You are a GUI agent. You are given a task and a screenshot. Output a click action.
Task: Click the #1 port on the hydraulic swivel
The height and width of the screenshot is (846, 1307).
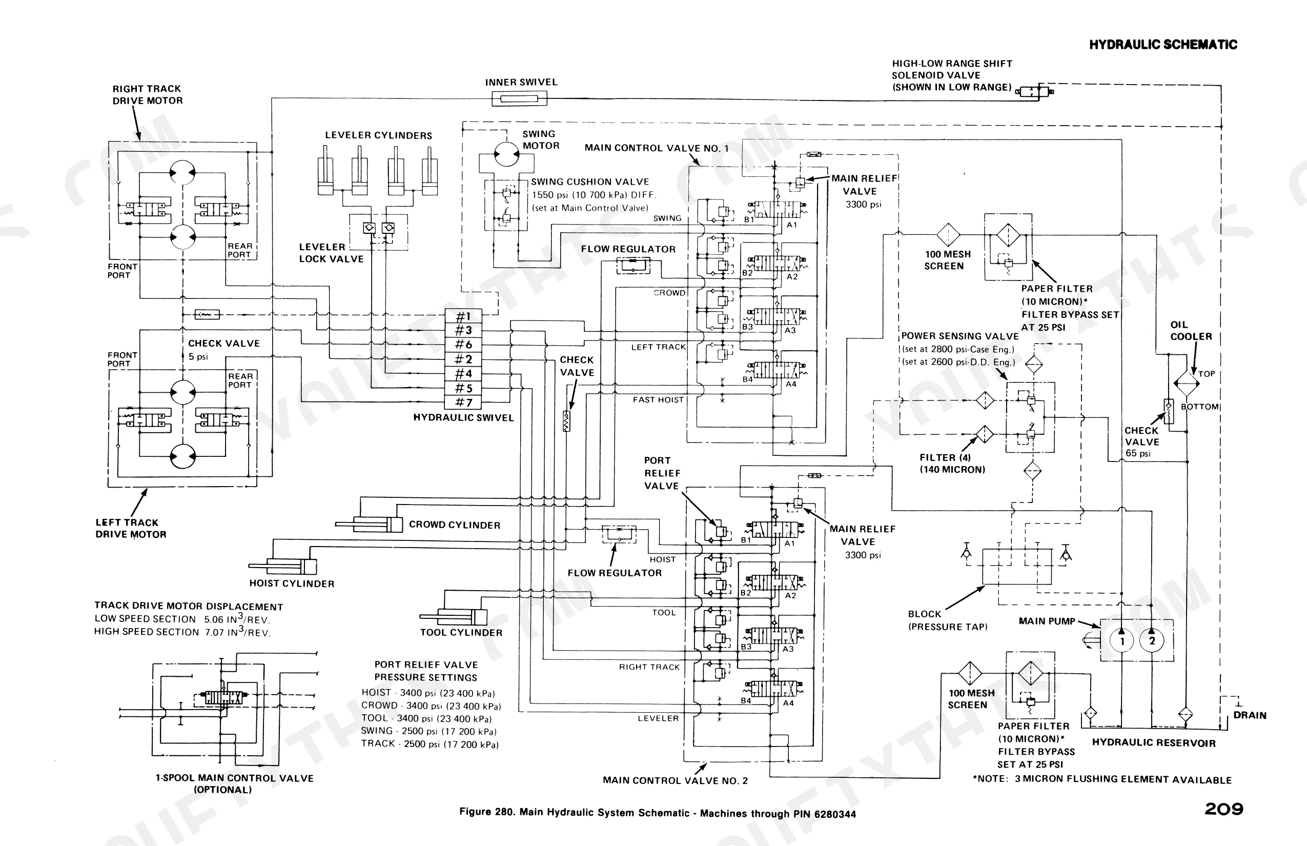pos(463,316)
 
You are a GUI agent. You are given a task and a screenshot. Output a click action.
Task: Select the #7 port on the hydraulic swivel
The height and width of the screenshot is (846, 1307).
pos(463,402)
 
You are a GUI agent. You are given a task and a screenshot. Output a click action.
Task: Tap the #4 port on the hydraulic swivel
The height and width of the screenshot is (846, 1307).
pos(463,374)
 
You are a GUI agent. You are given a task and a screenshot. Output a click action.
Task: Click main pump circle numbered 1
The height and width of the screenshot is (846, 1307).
pos(1122,640)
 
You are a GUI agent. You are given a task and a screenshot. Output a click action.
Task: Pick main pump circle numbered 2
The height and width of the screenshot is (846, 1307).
pos(1152,640)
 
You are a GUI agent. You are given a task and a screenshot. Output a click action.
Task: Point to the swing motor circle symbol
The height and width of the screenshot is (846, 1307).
pos(506,154)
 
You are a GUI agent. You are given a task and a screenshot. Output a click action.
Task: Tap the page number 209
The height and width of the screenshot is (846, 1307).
pos(1224,809)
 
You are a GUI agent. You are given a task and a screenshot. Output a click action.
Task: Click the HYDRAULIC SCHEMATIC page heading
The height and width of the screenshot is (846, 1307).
pos(1163,45)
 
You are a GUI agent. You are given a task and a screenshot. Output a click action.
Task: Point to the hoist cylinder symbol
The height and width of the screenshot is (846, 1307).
pos(283,567)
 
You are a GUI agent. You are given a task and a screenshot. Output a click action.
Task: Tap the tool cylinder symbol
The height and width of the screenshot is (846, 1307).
pos(454,617)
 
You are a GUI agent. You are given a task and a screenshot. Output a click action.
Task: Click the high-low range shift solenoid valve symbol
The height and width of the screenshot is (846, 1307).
pos(1035,91)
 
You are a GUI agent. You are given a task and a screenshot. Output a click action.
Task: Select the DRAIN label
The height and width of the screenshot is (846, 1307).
pos(1250,715)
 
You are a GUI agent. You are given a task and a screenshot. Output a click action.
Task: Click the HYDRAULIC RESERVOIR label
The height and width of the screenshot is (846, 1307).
pos(1154,743)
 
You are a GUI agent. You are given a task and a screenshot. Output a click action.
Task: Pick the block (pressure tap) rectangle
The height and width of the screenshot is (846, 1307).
pos(1017,566)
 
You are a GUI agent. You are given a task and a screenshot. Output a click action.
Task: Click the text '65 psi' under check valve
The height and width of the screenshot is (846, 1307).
pos(1138,454)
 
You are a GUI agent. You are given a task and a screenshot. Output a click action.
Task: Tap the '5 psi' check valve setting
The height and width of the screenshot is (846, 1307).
pos(198,356)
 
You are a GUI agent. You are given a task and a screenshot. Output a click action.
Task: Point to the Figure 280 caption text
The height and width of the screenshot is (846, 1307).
pos(657,813)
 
